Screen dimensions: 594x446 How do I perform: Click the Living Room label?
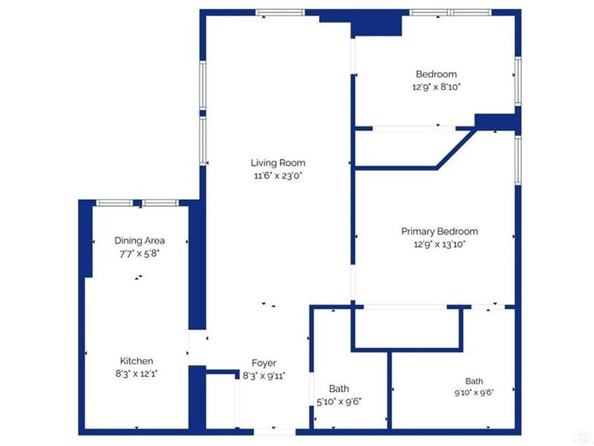coord(278,163)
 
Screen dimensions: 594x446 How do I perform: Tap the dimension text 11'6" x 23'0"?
coord(278,175)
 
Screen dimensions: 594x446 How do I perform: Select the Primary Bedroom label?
coord(440,231)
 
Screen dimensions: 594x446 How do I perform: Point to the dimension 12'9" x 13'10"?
coord(440,245)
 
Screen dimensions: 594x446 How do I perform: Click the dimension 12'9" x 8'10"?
coord(437,87)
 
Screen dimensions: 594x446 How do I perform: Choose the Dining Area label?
coord(140,241)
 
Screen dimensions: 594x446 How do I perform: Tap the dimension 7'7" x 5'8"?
coord(140,253)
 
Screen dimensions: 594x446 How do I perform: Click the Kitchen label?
coord(137,361)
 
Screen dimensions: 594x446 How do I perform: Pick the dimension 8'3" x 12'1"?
coord(137,374)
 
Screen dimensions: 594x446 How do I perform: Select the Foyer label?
coord(264,363)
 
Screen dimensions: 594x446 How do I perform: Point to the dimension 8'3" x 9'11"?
coord(264,376)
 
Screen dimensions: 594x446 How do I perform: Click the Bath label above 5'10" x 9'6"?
coord(339,389)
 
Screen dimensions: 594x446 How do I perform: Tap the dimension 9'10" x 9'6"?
coord(474,392)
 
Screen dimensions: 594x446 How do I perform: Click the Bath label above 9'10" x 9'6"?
coord(474,381)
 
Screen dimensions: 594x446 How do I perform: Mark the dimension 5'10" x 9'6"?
coord(339,401)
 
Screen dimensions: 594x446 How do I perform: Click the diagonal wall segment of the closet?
coord(456,148)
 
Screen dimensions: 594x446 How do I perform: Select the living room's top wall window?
coord(281,13)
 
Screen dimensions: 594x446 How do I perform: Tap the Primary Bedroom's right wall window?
coord(518,160)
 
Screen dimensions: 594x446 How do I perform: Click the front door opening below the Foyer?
coord(274,432)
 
